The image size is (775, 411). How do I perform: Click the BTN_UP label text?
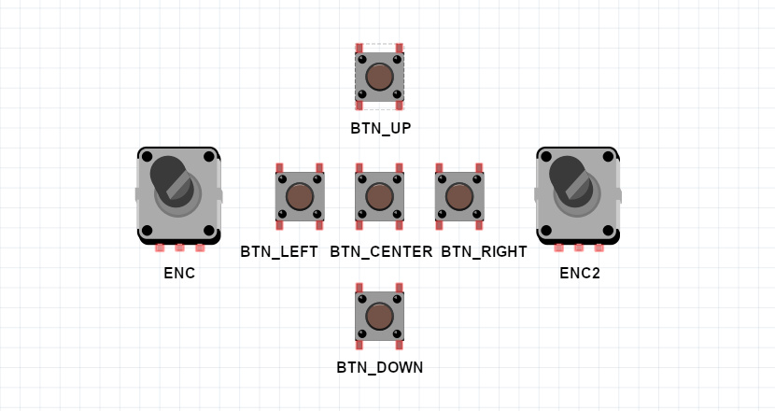coord(381,128)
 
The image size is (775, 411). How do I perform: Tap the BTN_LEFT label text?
coord(279,251)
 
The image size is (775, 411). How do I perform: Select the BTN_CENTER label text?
coord(381,251)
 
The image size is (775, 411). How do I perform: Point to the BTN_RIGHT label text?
coord(484,251)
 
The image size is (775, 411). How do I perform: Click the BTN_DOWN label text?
coord(380,367)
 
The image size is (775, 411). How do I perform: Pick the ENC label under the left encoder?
coord(178,273)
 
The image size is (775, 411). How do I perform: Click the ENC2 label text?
coord(579,273)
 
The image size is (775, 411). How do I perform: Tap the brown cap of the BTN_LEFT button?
coord(299,196)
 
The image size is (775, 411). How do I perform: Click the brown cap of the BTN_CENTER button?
coord(379,196)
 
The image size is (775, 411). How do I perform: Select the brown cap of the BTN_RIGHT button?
coord(459,196)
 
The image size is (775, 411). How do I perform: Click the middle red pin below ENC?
coord(179,248)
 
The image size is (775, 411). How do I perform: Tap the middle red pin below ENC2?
coord(579,248)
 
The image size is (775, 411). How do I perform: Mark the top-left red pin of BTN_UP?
coord(359,48)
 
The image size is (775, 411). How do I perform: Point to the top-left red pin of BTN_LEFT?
coord(279,168)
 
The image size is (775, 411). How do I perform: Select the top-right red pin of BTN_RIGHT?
coord(479,168)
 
